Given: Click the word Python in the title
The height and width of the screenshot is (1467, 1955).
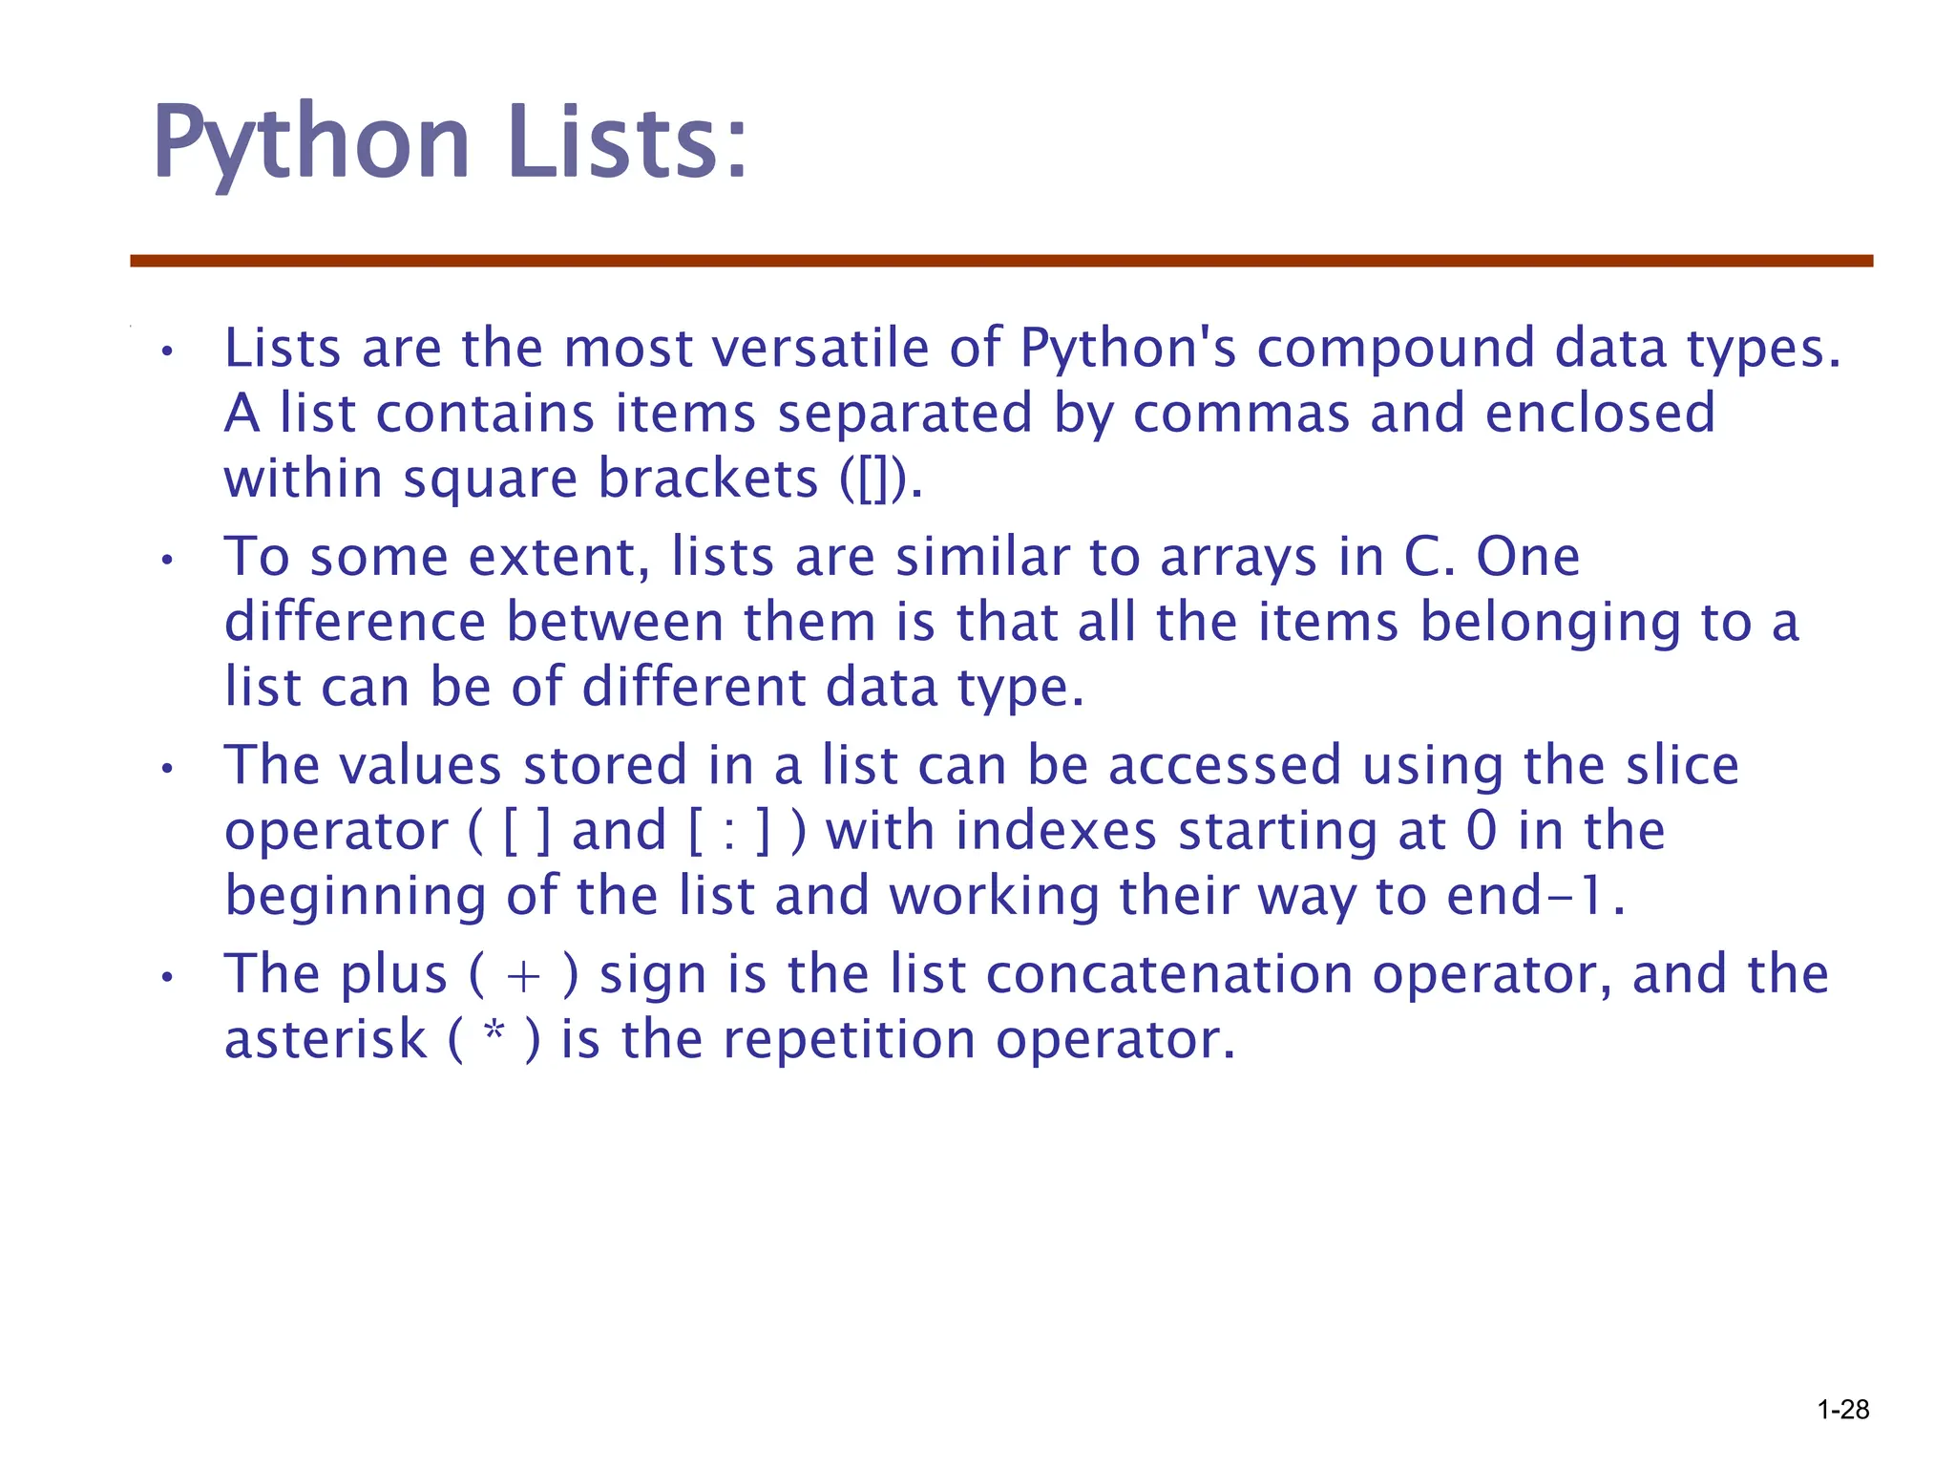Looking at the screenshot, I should pos(311,143).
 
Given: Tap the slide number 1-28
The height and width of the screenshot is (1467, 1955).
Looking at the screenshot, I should pos(1842,1410).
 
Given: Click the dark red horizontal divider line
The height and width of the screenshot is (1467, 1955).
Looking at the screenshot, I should pos(1001,261).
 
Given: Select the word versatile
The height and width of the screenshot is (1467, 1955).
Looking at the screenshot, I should pos(821,348).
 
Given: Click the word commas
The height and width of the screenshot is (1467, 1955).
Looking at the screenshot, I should pos(1241,414).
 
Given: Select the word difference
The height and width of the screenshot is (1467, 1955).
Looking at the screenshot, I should pos(355,622).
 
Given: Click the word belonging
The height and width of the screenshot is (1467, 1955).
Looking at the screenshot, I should pos(1551,624).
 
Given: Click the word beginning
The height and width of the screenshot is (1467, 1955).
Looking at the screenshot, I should pos(355,898).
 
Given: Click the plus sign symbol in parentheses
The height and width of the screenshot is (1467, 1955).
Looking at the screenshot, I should pos(524,976).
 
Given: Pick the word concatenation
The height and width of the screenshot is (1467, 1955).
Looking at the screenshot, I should pos(1169,974).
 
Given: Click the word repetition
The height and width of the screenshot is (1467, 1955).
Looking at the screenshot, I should pos(849,1039).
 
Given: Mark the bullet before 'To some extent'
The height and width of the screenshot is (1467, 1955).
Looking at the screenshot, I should pos(167,561).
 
